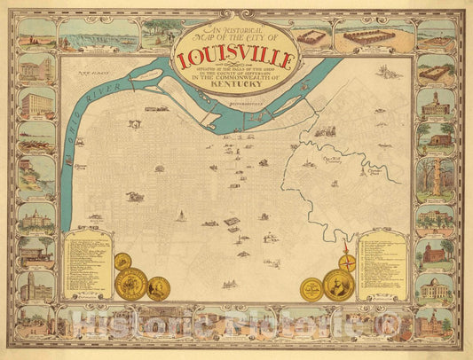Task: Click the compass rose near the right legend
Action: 349,262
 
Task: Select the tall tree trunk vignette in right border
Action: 434,178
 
